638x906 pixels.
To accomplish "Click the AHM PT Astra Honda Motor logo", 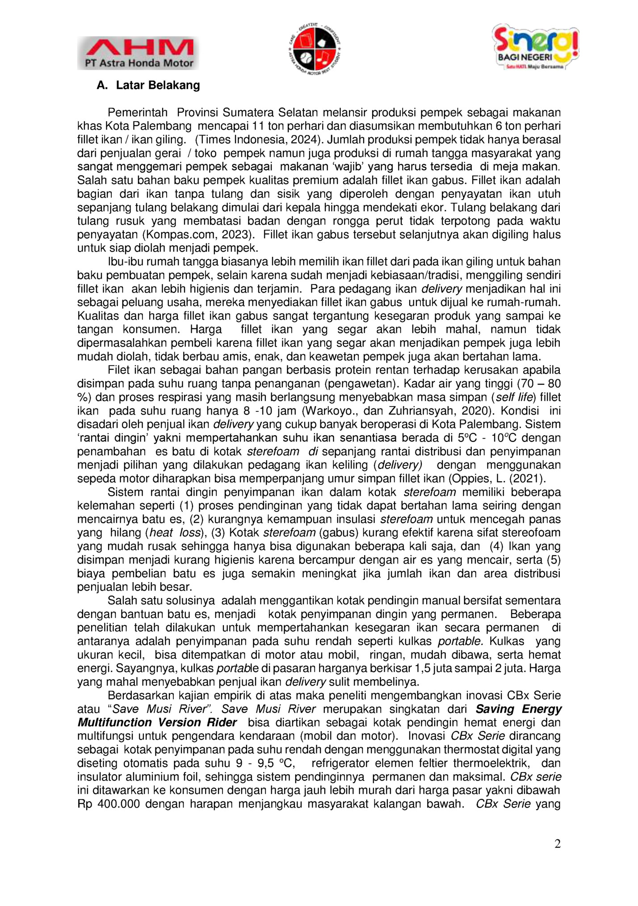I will coord(138,53).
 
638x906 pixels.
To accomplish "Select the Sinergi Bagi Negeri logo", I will coord(535,47).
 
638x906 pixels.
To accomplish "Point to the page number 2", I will coord(557,843).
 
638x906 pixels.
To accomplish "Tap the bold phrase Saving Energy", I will coord(518,709).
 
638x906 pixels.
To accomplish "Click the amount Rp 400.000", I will coord(109,804).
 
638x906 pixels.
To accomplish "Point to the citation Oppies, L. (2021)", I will coord(497,478).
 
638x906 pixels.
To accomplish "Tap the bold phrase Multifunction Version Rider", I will coord(157,722).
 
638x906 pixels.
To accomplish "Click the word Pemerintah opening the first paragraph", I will coord(138,113).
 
